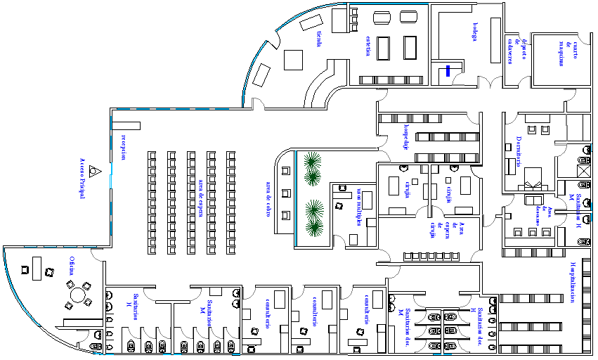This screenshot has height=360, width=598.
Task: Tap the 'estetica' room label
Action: click(368, 46)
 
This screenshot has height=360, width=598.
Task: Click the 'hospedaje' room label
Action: click(405, 139)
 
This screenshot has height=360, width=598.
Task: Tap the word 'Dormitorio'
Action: click(519, 150)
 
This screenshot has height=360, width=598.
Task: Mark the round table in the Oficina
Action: click(78, 295)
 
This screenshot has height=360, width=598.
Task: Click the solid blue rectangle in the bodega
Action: click(447, 70)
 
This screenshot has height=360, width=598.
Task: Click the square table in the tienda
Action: click(292, 58)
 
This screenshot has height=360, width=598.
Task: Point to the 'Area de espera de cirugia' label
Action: click(448, 229)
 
